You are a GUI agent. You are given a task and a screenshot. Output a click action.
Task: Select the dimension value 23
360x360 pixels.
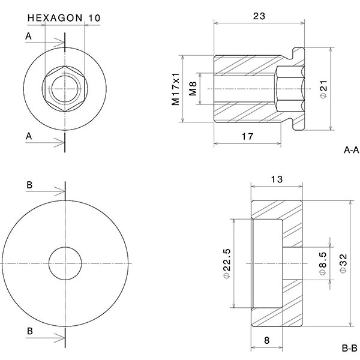[259, 17]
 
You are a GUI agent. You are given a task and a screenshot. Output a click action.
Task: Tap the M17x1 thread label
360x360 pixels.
[176, 89]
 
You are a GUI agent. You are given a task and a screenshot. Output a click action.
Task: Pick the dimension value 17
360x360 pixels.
[246, 137]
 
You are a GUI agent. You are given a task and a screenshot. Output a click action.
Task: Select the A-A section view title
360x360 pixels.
[351, 149]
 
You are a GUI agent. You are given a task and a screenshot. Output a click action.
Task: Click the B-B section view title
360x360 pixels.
[350, 347]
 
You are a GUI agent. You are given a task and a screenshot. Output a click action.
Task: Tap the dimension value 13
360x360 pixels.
[277, 180]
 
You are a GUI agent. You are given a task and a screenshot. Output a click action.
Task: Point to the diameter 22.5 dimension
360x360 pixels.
[227, 263]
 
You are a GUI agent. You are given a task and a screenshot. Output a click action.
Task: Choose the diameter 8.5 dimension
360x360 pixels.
[323, 263]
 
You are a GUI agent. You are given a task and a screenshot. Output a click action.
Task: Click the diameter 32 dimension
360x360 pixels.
[343, 263]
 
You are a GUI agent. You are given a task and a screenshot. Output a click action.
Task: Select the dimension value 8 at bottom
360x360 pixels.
[265, 340]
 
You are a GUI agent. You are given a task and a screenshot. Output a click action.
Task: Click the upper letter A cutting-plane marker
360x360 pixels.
[28, 37]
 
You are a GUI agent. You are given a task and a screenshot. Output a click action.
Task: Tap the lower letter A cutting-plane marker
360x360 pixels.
[28, 137]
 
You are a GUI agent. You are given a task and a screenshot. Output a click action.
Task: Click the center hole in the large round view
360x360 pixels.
[65, 263]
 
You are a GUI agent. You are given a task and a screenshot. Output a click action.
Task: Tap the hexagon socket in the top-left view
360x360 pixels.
[65, 89]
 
